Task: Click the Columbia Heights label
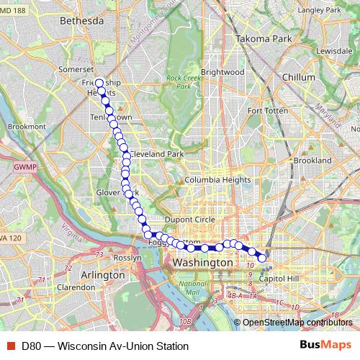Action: pyautogui.click(x=216, y=180)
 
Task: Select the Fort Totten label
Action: pyautogui.click(x=267, y=111)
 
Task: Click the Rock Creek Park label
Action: pyautogui.click(x=178, y=82)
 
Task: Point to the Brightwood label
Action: pyautogui.click(x=222, y=72)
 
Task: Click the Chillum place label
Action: pyautogui.click(x=299, y=76)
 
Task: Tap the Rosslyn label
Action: pyautogui.click(x=127, y=258)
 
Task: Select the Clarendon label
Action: pyautogui.click(x=76, y=287)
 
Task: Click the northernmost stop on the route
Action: pyautogui.click(x=99, y=83)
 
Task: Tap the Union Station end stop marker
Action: pyautogui.click(x=262, y=258)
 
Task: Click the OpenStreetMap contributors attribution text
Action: pyautogui.click(x=297, y=322)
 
